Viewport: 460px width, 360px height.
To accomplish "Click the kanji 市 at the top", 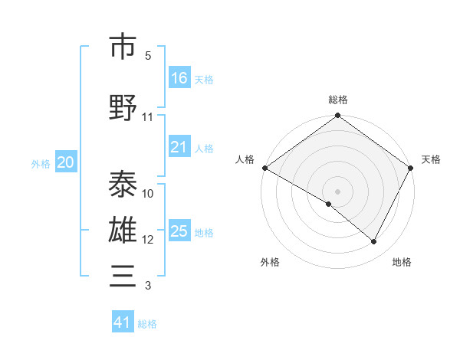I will [123, 47].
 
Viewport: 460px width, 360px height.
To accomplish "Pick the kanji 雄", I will [123, 231].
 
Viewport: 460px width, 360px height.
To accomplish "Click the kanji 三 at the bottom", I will [123, 276].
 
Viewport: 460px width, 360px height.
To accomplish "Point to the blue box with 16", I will [179, 78].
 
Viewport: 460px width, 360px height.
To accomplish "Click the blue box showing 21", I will [179, 147].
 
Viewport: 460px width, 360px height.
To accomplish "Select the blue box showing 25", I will [179, 231].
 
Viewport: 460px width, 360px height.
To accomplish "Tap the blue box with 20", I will [66, 162].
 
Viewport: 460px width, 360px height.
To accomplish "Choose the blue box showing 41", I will [123, 322].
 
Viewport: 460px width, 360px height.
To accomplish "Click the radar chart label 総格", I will [337, 100].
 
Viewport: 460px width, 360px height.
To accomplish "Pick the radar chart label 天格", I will [431, 159].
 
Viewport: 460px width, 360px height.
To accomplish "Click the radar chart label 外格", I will [270, 263].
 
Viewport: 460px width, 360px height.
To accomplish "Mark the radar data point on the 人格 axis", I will [264, 168].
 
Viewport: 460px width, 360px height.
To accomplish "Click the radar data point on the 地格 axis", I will [374, 242].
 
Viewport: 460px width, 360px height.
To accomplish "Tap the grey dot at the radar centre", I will [337, 191].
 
